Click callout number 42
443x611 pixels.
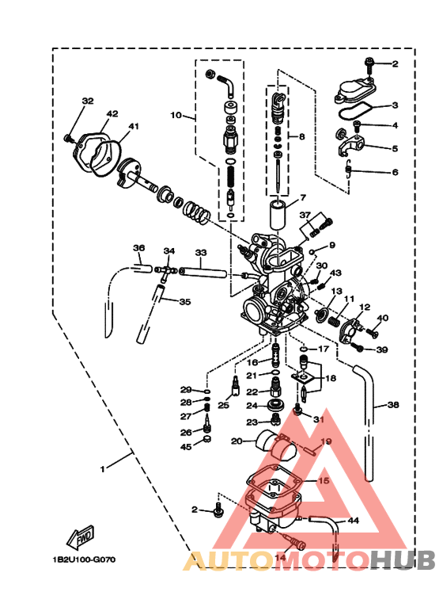[x=112, y=113]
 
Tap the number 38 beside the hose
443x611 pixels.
[x=393, y=405]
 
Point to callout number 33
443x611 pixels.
[x=200, y=253]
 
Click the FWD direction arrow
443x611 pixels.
[x=81, y=538]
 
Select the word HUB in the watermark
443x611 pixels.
[x=403, y=561]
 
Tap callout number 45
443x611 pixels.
[x=185, y=447]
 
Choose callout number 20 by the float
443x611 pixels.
[x=236, y=441]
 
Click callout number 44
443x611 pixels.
[x=353, y=521]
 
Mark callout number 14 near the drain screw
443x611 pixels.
[x=280, y=557]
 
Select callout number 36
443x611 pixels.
[x=138, y=248]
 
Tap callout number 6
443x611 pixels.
[x=395, y=172]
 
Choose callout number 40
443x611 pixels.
[x=382, y=319]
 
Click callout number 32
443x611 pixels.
[x=88, y=101]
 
